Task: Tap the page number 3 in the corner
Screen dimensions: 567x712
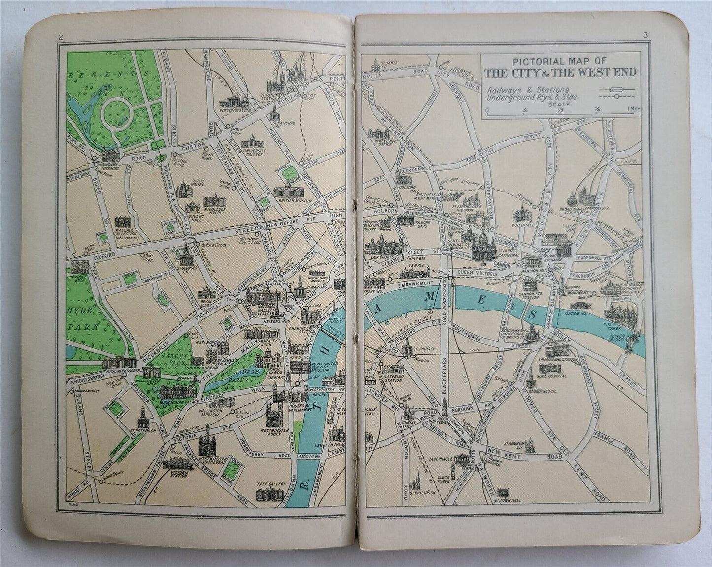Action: (x=644, y=35)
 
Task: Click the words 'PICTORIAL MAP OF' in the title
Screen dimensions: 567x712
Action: (x=560, y=62)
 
